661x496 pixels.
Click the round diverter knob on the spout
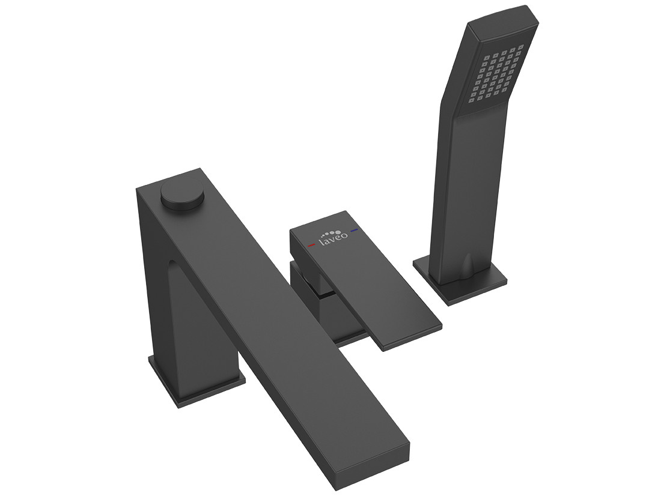(x=183, y=196)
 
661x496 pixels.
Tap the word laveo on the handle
(x=333, y=240)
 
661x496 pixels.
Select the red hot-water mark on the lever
(x=311, y=244)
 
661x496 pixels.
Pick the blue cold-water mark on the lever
(x=354, y=231)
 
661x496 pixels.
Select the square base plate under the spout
(x=196, y=377)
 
